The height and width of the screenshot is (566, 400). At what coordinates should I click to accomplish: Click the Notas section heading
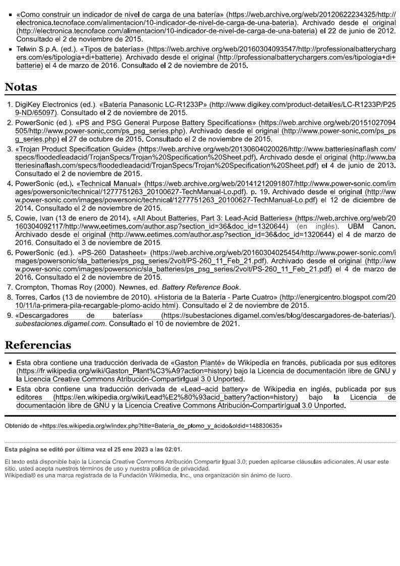[21, 87]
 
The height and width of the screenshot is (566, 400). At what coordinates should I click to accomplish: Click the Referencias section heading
[38, 346]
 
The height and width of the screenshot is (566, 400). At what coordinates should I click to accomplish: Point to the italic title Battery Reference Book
[208, 287]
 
